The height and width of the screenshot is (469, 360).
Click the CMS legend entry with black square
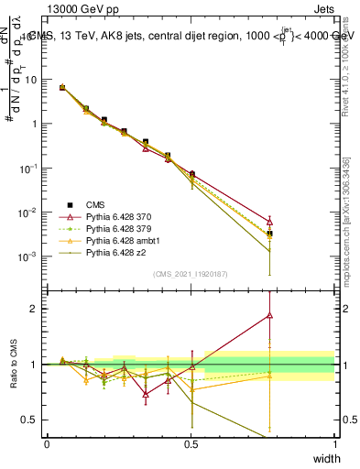92,204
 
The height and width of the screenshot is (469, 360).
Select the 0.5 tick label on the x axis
191,443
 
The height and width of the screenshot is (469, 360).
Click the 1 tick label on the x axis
334,443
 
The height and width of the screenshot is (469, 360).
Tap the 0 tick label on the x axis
47,443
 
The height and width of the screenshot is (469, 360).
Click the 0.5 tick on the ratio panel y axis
30,420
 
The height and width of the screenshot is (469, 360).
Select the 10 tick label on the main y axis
31,80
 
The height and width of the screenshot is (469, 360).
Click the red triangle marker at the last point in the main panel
269,221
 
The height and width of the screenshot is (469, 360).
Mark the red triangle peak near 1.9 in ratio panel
269,315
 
